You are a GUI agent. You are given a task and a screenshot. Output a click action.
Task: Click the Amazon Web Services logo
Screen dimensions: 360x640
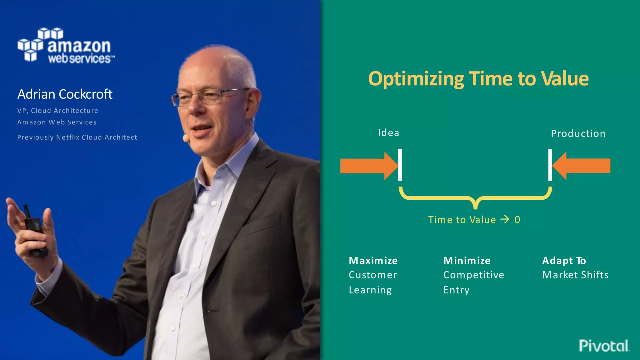pyautogui.click(x=66, y=46)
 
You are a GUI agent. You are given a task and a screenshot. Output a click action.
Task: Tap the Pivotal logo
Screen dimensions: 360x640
pyautogui.click(x=604, y=346)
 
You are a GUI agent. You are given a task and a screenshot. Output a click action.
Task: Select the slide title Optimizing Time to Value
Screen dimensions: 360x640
pyautogui.click(x=478, y=78)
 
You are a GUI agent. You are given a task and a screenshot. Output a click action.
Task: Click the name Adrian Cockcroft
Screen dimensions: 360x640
pyautogui.click(x=65, y=94)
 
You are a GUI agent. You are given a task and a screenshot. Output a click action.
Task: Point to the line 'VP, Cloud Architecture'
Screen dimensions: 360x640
pyautogui.click(x=58, y=111)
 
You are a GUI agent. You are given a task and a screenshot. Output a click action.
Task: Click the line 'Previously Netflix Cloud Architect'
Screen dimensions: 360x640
pyautogui.click(x=77, y=137)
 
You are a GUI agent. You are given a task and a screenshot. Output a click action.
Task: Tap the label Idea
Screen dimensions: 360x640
pyautogui.click(x=388, y=132)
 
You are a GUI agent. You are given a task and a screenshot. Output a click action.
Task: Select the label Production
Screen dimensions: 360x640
pyautogui.click(x=578, y=133)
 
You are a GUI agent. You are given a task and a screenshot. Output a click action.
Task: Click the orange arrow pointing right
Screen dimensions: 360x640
pyautogui.click(x=369, y=166)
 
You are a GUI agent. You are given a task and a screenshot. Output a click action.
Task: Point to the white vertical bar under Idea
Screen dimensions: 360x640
pyautogui.click(x=400, y=165)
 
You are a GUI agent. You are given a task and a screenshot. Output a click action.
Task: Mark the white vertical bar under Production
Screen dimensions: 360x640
pyautogui.click(x=550, y=165)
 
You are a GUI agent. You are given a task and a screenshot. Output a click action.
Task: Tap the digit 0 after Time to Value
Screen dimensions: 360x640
pyautogui.click(x=517, y=220)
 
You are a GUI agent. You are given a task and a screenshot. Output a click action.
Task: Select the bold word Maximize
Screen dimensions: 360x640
pyautogui.click(x=373, y=261)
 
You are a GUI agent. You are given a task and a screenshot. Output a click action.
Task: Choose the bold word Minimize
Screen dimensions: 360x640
pyautogui.click(x=467, y=261)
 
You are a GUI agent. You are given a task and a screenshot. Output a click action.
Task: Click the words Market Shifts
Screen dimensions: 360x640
pyautogui.click(x=575, y=275)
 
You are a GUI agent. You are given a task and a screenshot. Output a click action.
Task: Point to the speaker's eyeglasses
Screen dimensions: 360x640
pyautogui.click(x=206, y=96)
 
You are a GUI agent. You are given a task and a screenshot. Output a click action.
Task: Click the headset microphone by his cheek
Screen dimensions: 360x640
pyautogui.click(x=186, y=138)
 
